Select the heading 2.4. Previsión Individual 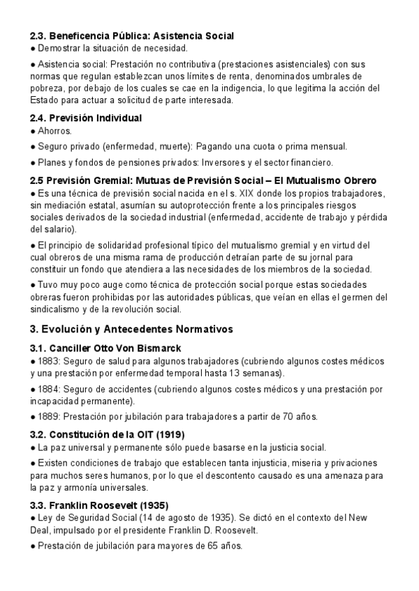[86, 118]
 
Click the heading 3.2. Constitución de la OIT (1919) [107, 434]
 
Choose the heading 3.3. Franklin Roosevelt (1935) [99, 505]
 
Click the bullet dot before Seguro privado [32, 146]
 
